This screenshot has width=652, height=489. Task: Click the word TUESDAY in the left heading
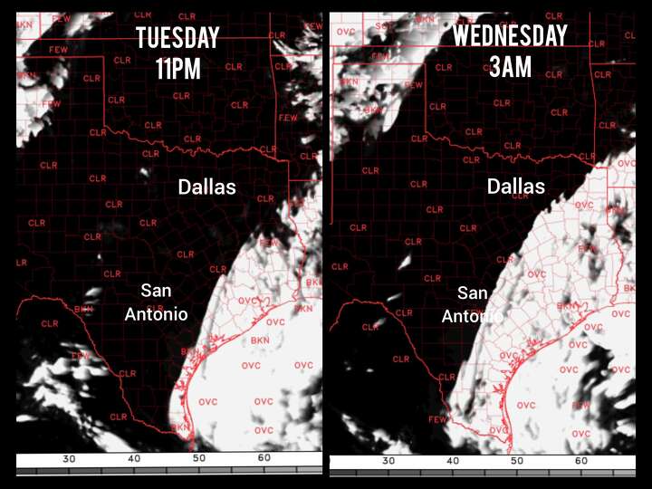click(177, 38)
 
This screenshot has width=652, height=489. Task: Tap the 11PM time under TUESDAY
click(177, 68)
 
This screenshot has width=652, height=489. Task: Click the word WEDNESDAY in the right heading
click(510, 36)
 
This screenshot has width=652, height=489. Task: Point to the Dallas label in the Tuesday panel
click(206, 187)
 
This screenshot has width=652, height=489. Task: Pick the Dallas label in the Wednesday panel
click(516, 187)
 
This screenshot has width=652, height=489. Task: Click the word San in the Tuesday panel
click(156, 292)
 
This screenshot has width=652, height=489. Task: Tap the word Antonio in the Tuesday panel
click(156, 314)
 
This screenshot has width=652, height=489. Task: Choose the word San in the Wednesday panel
click(472, 293)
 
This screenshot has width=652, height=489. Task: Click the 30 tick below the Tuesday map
click(69, 459)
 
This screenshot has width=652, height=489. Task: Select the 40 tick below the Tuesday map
click(134, 459)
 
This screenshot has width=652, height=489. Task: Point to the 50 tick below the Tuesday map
click(199, 459)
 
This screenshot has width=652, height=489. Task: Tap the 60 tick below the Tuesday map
click(264, 459)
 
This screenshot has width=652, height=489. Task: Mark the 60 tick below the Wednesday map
click(581, 461)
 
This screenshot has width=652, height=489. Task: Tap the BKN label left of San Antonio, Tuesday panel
click(83, 309)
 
